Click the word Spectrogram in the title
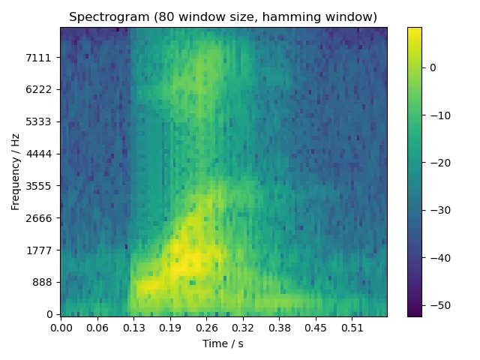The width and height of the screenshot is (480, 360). tap(103, 16)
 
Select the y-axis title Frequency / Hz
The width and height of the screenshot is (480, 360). tap(15, 172)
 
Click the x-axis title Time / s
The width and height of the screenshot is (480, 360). tap(223, 343)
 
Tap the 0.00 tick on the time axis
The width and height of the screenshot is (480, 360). tap(61, 328)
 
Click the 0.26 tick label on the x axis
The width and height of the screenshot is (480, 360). tap(206, 328)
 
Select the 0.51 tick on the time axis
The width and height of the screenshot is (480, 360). tap(352, 328)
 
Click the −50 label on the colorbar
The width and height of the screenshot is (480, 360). tap(437, 305)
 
